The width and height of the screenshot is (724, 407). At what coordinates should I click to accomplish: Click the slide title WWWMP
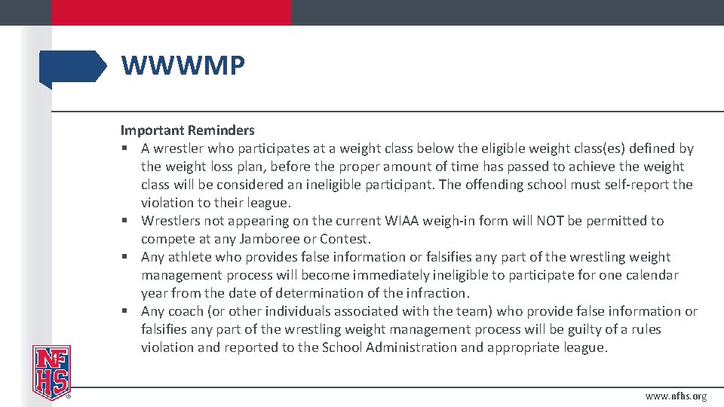pyautogui.click(x=183, y=66)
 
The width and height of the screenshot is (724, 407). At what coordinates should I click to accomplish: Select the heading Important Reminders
pyautogui.click(x=188, y=130)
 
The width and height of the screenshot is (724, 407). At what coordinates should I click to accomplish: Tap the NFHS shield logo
pyautogui.click(x=51, y=371)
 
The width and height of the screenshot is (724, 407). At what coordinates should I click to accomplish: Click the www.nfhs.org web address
pyautogui.click(x=676, y=396)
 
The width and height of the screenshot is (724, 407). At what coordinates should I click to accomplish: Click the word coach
pyautogui.click(x=186, y=311)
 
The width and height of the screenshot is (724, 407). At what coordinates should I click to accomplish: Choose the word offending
pyautogui.click(x=520, y=185)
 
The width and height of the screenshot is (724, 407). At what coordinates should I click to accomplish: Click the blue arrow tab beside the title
pyautogui.click(x=74, y=67)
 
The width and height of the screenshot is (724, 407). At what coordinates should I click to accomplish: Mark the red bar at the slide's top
pyautogui.click(x=171, y=12)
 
